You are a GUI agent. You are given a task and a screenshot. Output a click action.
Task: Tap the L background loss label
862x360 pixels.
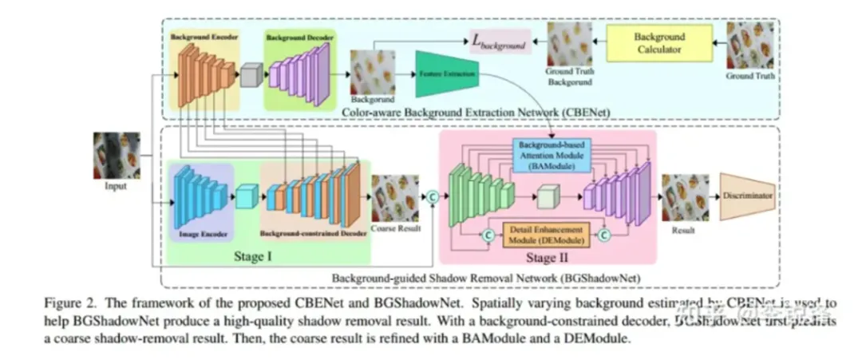click(x=500, y=43)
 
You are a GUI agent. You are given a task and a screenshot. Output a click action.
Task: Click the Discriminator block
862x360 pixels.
click(x=747, y=195)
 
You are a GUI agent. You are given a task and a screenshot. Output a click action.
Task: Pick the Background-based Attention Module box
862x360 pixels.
click(x=550, y=153)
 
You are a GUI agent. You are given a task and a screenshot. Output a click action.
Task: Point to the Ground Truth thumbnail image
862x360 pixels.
click(x=750, y=45)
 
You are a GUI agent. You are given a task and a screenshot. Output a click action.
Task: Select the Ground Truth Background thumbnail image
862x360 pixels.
click(x=570, y=45)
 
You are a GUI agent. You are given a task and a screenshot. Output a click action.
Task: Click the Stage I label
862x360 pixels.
click(x=270, y=255)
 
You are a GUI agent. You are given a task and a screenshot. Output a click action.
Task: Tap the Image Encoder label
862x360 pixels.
click(x=200, y=235)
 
